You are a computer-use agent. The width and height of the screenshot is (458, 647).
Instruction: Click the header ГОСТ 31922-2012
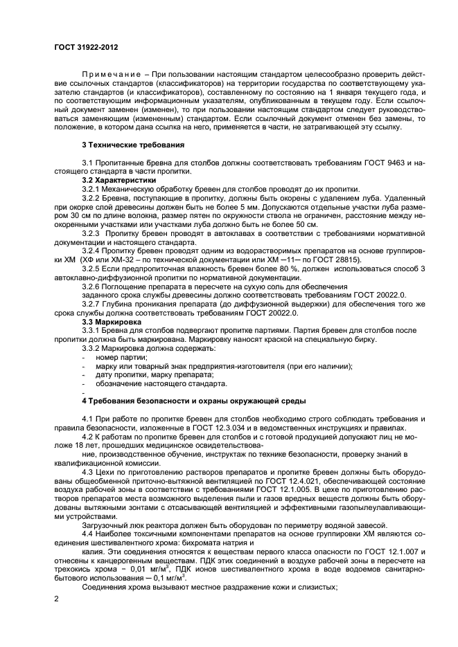point(86,48)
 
